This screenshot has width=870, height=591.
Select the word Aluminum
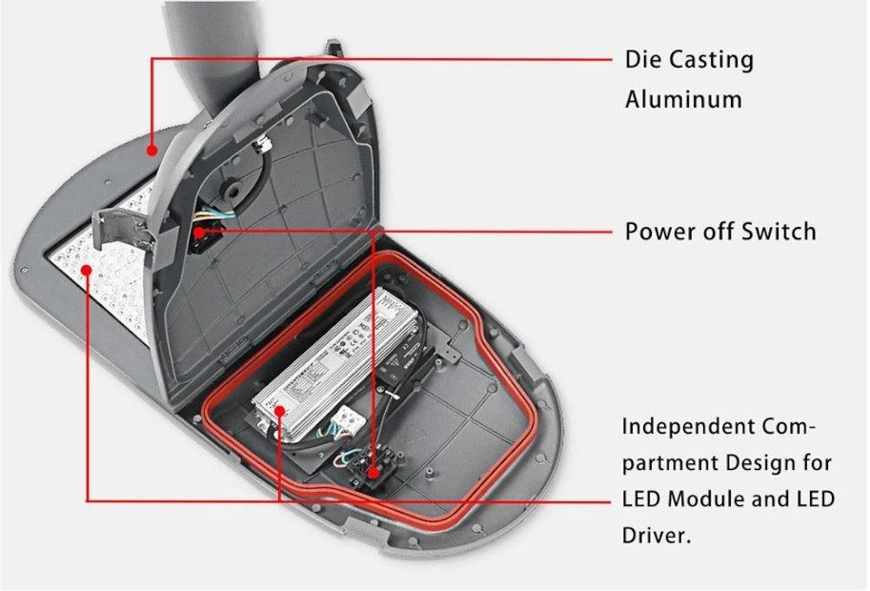(x=683, y=99)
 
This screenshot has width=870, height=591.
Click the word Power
(x=658, y=231)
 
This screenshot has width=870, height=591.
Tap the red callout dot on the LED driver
(x=280, y=412)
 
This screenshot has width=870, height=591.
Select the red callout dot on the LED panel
(x=87, y=271)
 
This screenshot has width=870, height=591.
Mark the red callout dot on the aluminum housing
(x=152, y=149)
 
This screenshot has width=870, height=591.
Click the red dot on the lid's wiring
(x=197, y=232)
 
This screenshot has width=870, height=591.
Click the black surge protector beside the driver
(x=404, y=361)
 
